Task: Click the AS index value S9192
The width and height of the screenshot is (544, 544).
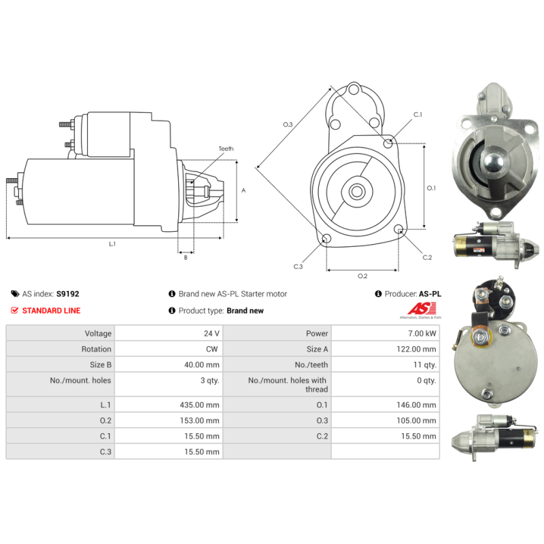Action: [x=67, y=294]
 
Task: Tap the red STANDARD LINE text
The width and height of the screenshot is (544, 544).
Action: [x=52, y=311]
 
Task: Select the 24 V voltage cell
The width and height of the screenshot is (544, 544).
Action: [x=211, y=333]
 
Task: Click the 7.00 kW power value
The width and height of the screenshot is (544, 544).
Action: [x=422, y=333]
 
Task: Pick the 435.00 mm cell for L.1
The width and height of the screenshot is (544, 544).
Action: [x=199, y=405]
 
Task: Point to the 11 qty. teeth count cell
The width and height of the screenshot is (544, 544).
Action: [x=424, y=365]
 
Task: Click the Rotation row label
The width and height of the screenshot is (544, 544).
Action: [x=97, y=349]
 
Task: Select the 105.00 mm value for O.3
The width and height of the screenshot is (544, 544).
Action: [x=416, y=420]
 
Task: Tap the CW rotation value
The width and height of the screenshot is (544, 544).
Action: [x=212, y=349]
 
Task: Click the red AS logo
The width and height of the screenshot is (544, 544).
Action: [x=422, y=309]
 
